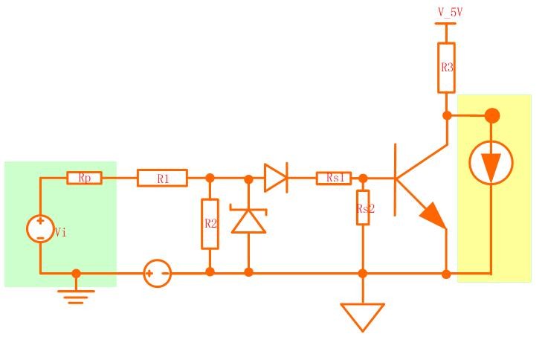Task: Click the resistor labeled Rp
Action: [84, 178]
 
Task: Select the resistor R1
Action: [162, 178]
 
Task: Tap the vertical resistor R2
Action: [210, 223]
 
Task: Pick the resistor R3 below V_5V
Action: [446, 67]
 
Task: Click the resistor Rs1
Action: [335, 178]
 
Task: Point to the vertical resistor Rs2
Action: [363, 209]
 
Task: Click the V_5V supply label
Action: [451, 12]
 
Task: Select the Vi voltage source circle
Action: [40, 228]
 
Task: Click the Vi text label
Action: [61, 232]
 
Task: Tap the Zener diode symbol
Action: [248, 220]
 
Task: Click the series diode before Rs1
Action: [275, 178]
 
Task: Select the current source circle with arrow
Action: [491, 163]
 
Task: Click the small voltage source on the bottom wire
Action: [157, 273]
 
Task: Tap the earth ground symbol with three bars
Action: [76, 295]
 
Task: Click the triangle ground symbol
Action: [363, 315]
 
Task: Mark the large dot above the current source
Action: [492, 115]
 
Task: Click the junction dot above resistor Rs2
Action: [363, 178]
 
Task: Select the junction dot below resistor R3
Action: [447, 115]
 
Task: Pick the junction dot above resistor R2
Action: [210, 178]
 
